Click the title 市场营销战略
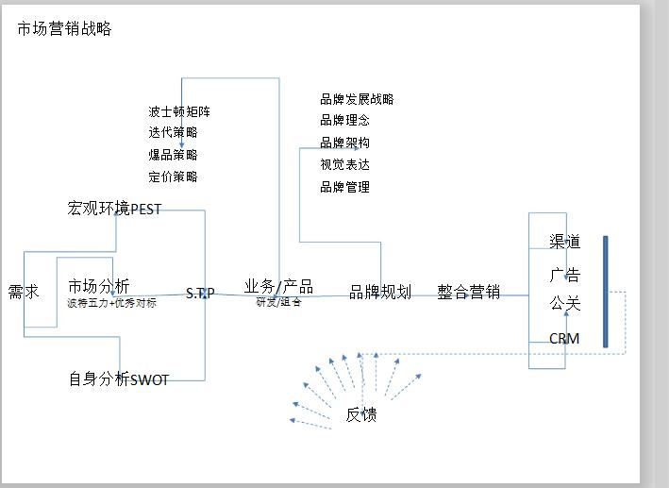[64, 29]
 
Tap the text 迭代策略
[173, 133]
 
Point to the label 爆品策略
[173, 155]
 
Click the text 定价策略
[173, 177]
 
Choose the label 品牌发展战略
[357, 99]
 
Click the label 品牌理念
[344, 121]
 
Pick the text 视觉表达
[344, 164]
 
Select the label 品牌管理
[344, 187]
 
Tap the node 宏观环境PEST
[114, 209]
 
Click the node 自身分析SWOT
[118, 379]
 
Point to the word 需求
[24, 292]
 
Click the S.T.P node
[199, 294]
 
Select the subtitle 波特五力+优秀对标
[111, 304]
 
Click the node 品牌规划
[380, 293]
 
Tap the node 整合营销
[468, 292]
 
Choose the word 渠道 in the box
[565, 242]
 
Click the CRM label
[564, 339]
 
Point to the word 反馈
[361, 414]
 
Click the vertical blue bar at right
[605, 292]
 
